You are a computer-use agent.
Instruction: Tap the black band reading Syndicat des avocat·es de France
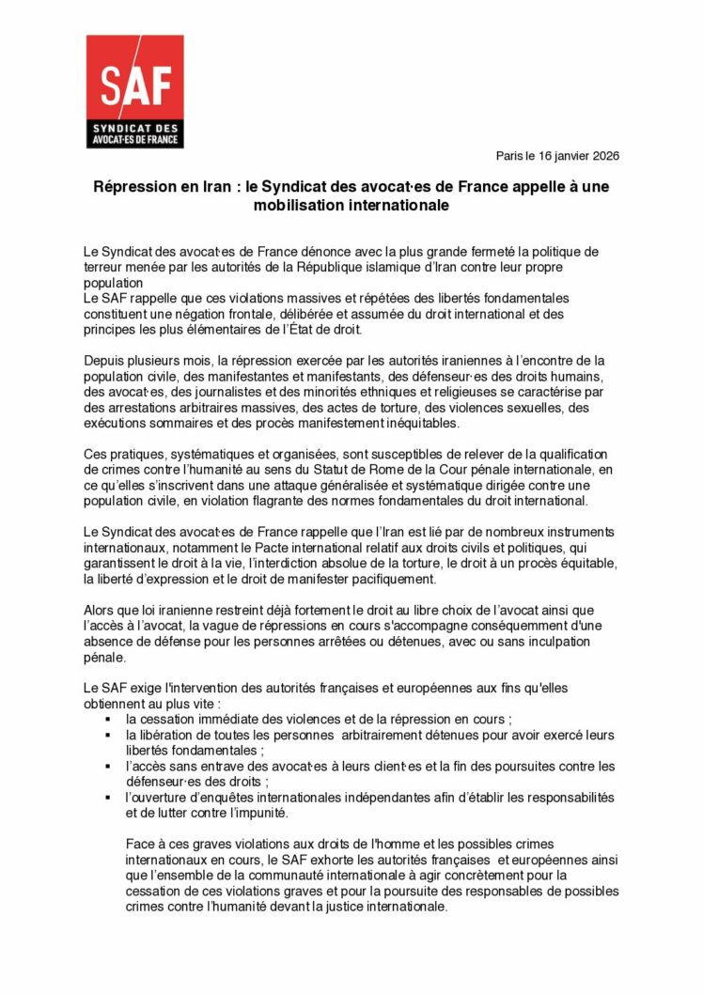point(134,134)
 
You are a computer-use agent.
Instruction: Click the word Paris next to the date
point(510,156)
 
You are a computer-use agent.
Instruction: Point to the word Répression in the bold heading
point(133,187)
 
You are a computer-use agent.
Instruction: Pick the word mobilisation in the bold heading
point(301,205)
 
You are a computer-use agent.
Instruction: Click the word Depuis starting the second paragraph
point(104,361)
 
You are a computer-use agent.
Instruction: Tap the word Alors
point(101,611)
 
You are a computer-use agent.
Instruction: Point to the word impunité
point(255,814)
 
